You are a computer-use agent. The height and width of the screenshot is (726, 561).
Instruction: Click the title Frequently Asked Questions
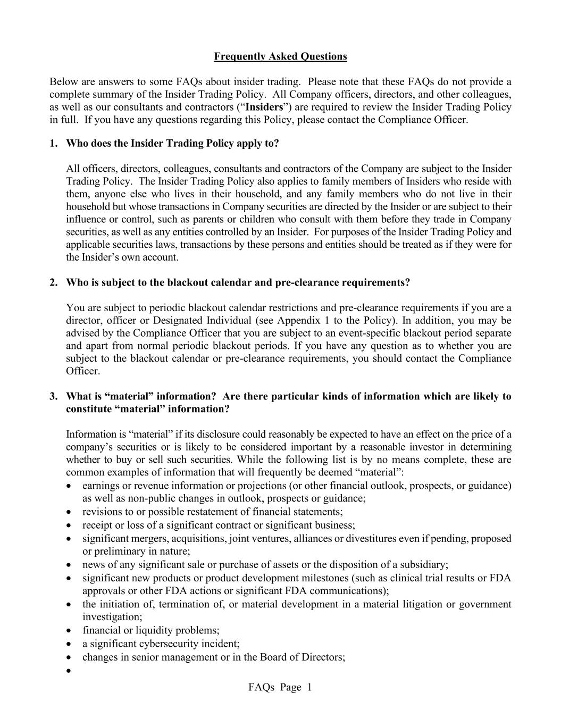(x=280, y=56)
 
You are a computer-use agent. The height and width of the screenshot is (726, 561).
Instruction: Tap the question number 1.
(x=53, y=144)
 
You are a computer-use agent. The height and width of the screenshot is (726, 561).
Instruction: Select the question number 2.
(x=53, y=282)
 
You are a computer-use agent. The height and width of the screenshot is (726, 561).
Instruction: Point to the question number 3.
(x=53, y=396)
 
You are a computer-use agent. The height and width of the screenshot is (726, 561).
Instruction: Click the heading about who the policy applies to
(x=172, y=144)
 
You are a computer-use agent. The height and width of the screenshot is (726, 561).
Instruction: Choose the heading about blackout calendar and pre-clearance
(x=238, y=282)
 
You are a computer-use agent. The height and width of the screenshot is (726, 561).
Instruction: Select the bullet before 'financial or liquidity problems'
(x=69, y=631)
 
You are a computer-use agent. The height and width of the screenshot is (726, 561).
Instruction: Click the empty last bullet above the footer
(x=69, y=671)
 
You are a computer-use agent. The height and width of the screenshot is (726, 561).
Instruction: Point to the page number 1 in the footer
(x=309, y=687)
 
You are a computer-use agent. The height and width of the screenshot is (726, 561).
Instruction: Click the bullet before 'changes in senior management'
(x=69, y=657)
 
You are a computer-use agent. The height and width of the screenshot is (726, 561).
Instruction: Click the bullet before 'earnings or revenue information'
(x=69, y=486)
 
